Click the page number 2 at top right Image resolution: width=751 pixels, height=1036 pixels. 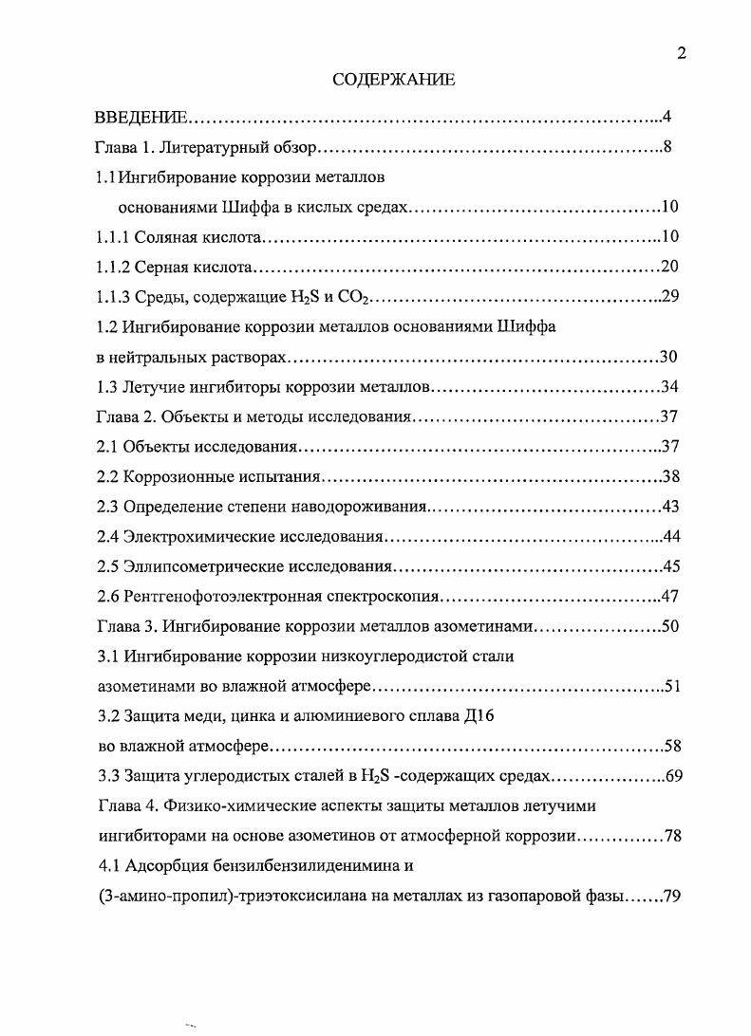681,54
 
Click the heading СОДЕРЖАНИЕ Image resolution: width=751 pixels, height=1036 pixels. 394,81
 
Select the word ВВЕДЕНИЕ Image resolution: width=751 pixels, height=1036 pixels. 142,119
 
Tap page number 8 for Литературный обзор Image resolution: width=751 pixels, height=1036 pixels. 668,148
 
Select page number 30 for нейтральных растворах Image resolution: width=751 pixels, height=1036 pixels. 668,358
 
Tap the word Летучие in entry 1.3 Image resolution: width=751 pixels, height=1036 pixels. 156,387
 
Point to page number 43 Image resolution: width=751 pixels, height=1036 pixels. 670,507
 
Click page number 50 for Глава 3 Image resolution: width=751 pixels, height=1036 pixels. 669,626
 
